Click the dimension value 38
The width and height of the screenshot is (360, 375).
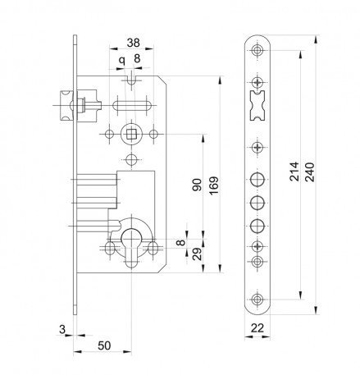[x=134, y=43]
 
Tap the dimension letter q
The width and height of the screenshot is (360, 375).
[x=121, y=60]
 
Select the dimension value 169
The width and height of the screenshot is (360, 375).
[x=214, y=185]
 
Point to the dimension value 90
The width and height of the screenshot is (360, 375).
[x=197, y=185]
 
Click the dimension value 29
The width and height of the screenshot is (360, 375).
[x=197, y=254]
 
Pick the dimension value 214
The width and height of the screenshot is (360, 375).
[x=294, y=171]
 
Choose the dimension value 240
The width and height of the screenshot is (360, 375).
[x=310, y=172]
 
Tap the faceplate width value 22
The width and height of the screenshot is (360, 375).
[x=257, y=327]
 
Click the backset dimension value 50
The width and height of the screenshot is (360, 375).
[x=104, y=345]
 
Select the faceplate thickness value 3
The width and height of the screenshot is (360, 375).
[x=62, y=329]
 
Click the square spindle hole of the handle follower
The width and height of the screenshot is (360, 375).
[x=131, y=135]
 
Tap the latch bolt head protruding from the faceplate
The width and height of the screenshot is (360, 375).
[x=66, y=106]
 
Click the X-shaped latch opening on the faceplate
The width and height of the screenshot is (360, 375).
[x=257, y=106]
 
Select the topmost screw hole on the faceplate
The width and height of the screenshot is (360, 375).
[x=257, y=50]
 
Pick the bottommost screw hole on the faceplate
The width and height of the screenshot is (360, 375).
[x=257, y=299]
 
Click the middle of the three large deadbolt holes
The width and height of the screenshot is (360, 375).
[x=257, y=203]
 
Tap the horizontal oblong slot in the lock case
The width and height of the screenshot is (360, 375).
[x=132, y=106]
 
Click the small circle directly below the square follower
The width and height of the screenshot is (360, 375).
[x=131, y=160]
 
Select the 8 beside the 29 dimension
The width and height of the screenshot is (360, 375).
[x=181, y=242]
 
